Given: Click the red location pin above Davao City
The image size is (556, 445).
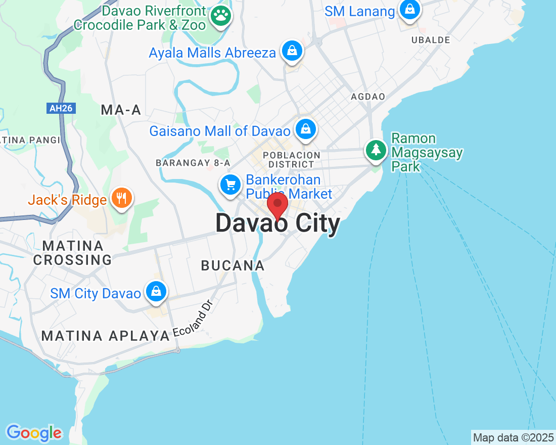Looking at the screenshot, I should click(277, 205).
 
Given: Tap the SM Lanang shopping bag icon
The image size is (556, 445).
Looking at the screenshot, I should click(409, 10).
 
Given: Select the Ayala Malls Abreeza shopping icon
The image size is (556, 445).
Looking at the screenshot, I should click(292, 51).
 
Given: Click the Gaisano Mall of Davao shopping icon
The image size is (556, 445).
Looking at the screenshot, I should click(305, 129).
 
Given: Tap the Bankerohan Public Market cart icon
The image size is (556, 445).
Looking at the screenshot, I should click(231, 185).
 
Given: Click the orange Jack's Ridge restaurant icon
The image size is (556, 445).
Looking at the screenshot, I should click(121, 198).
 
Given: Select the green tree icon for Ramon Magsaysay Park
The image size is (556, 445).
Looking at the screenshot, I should click(376, 150).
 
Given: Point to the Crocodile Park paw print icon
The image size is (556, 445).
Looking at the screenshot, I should click(221, 16).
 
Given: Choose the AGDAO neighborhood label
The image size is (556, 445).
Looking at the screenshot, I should click(368, 96).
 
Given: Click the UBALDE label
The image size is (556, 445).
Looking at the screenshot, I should click(431, 39).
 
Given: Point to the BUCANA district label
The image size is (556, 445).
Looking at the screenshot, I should click(233, 265).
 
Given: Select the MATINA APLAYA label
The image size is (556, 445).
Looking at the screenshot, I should click(105, 335).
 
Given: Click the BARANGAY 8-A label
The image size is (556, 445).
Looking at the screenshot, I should click(193, 163).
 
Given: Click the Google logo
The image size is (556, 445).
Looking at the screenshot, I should click(34, 433).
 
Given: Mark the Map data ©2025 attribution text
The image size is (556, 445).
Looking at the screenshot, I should click(513, 437).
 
